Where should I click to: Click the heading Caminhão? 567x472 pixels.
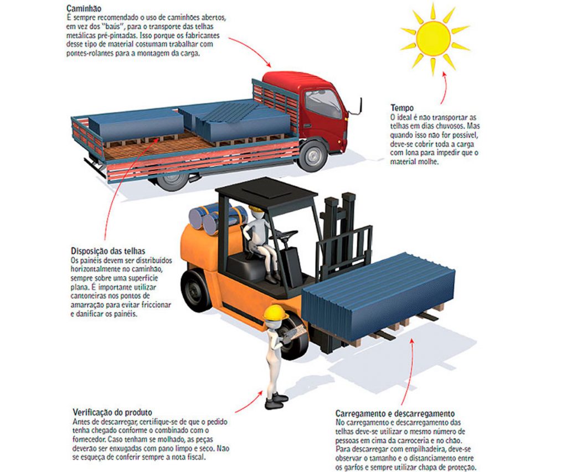84,8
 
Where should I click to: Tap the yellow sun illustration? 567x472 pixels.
434,38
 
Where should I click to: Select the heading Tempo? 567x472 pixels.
402,108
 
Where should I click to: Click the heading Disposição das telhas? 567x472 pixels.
108,251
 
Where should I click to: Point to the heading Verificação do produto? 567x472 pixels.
112,412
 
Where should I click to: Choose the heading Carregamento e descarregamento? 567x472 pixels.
395,413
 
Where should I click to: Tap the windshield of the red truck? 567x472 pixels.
323,103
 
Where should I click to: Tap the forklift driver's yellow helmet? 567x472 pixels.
256,209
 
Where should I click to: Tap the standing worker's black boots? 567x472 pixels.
277,401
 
